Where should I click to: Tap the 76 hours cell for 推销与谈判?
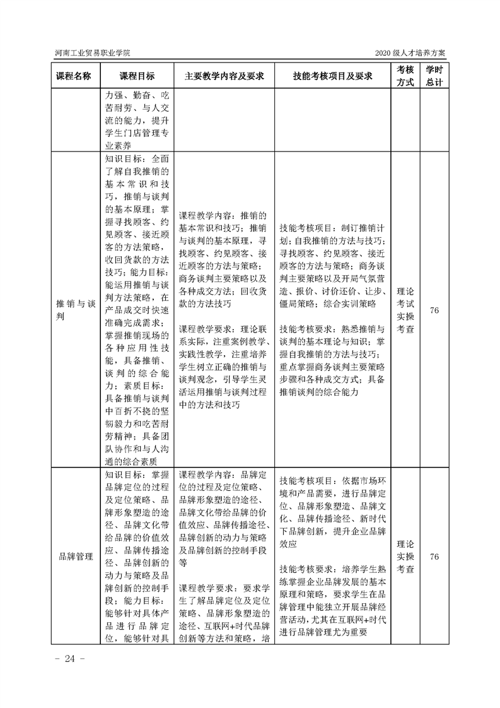[x=434, y=309]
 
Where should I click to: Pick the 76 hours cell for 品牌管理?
[x=434, y=557]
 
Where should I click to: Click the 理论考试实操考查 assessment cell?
[x=405, y=310]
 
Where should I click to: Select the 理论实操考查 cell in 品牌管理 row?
[x=405, y=557]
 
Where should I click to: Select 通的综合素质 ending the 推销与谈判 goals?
[x=136, y=461]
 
